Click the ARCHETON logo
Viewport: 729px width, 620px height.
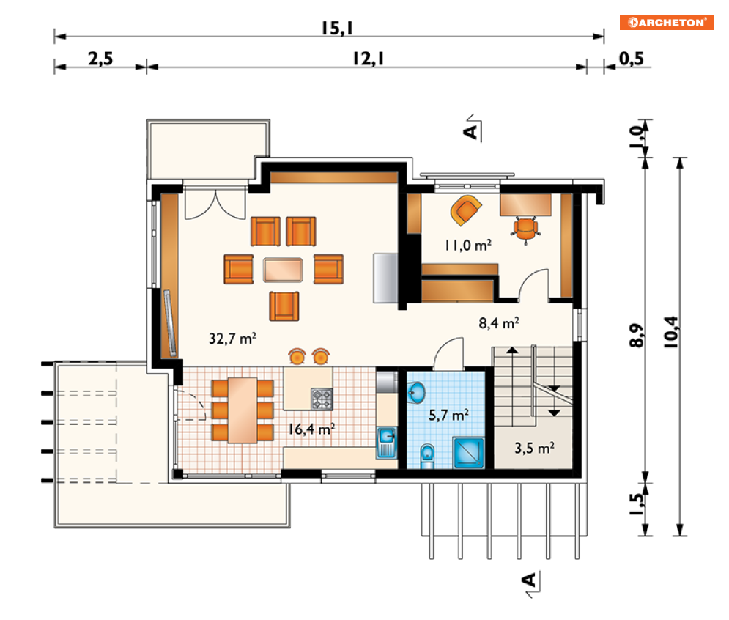click(666, 22)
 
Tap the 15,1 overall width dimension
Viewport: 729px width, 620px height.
click(337, 28)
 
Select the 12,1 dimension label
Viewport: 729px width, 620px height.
click(368, 59)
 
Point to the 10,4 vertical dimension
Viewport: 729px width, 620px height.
click(671, 332)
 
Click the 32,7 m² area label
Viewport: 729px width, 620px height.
click(232, 338)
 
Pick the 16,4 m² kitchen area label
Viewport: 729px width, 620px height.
click(311, 429)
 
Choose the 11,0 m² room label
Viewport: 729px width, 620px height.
click(467, 245)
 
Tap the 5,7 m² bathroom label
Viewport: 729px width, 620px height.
click(448, 414)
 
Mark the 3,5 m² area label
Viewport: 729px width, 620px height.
click(534, 448)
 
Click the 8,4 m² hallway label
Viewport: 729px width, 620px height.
click(499, 322)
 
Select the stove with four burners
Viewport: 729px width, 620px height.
click(322, 399)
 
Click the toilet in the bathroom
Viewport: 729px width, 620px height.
click(427, 456)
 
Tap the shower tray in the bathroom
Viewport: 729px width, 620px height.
click(469, 453)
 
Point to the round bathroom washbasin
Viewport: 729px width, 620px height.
click(417, 393)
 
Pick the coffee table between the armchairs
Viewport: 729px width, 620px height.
click(283, 270)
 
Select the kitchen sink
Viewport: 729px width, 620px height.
click(386, 442)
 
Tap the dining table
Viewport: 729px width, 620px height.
click(243, 410)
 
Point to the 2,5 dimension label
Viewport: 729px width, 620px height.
click(100, 59)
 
